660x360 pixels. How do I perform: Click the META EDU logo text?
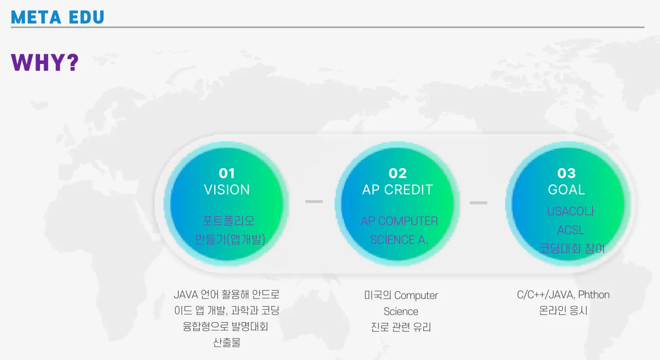tap(58, 17)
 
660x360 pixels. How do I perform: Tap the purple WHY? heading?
tap(45, 62)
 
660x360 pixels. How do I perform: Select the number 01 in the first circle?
tap(227, 173)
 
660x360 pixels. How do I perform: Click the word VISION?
tap(227, 190)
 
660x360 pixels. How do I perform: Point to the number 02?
tap(398, 173)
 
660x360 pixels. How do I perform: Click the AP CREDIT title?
tap(398, 190)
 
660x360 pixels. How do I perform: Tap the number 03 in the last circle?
tap(566, 173)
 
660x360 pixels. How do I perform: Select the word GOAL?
tap(566, 190)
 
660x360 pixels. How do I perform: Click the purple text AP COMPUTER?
tap(399, 221)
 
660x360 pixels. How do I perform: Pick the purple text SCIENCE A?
tap(399, 240)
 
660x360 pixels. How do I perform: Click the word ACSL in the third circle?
tap(570, 230)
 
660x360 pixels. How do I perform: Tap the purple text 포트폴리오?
tap(229, 221)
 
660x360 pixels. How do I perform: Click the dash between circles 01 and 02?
tap(314, 201)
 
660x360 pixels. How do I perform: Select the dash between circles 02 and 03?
tap(478, 203)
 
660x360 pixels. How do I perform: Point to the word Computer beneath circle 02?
tap(416, 296)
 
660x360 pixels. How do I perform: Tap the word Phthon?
tap(594, 295)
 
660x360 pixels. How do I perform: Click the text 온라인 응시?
tap(563, 311)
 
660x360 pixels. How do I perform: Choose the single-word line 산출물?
tap(227, 343)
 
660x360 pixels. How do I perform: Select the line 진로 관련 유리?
tap(401, 327)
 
